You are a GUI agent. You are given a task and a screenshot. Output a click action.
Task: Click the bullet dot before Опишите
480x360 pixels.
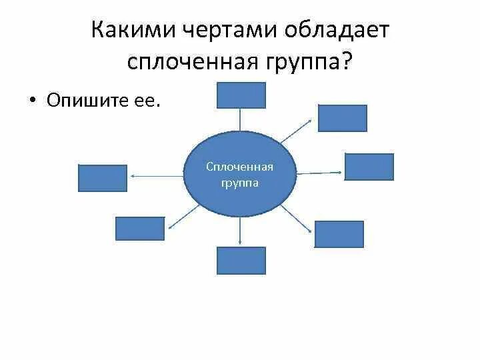tap(31, 101)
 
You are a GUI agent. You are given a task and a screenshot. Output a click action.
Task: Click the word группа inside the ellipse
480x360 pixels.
tap(240, 182)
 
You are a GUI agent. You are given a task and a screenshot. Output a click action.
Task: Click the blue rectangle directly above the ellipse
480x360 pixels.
tap(241, 95)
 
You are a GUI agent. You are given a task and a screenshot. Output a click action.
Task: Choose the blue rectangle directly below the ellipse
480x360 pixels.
tap(241, 261)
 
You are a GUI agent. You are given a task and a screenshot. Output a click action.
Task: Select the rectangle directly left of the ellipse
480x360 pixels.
tap(103, 178)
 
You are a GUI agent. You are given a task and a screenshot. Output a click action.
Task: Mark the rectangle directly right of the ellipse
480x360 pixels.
tap(369, 167)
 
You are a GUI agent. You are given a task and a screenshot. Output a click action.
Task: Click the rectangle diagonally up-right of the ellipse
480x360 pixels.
tap(342, 118)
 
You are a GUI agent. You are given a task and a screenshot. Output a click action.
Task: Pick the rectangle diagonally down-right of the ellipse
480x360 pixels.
tap(339, 234)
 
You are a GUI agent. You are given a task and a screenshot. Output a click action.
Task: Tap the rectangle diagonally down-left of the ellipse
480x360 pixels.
tap(139, 228)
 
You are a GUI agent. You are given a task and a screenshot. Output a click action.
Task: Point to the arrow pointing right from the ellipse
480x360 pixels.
tap(319, 172)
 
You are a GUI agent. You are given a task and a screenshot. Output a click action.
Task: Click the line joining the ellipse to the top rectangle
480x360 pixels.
tap(241, 120)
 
